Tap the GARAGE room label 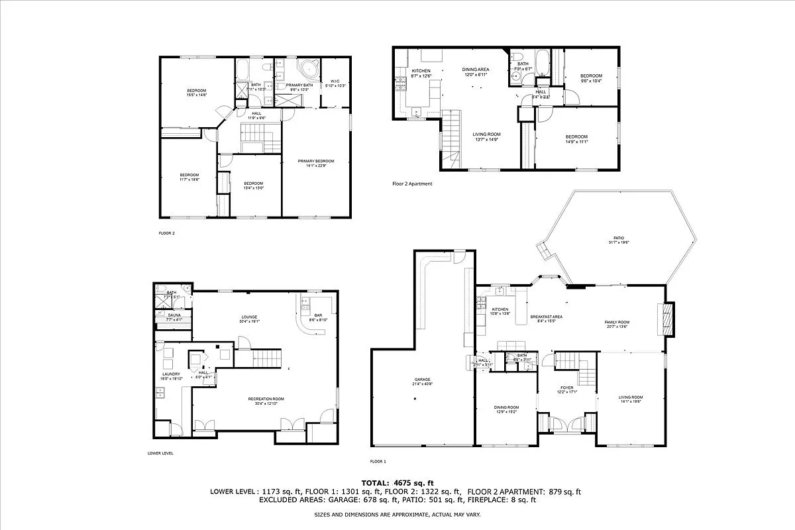(423, 380)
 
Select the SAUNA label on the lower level (174, 315)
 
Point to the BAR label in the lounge (318, 315)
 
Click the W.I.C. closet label (335, 82)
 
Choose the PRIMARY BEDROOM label (316, 161)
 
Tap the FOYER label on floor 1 (567, 388)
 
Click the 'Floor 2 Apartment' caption (412, 184)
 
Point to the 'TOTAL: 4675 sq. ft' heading (397, 482)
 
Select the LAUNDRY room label (171, 374)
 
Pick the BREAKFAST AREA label (547, 317)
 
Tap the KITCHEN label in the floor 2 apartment (421, 71)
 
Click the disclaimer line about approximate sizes (397, 514)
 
